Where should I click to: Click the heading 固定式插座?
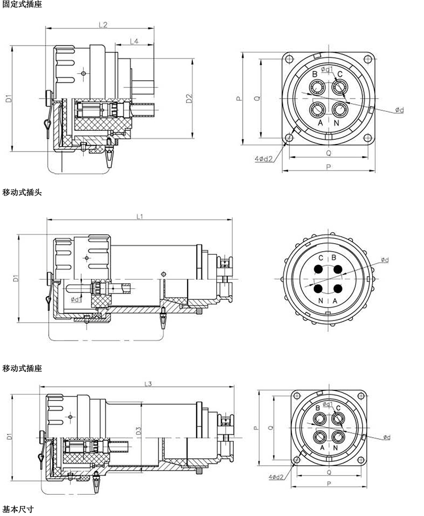[x=22, y=4]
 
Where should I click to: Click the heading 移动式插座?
[x=22, y=368]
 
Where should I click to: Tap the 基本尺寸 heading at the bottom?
[x=18, y=510]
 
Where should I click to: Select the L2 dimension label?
[x=103, y=24]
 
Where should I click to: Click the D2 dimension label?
[x=189, y=98]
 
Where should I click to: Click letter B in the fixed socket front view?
[x=314, y=74]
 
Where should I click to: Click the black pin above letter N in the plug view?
[x=320, y=289]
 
